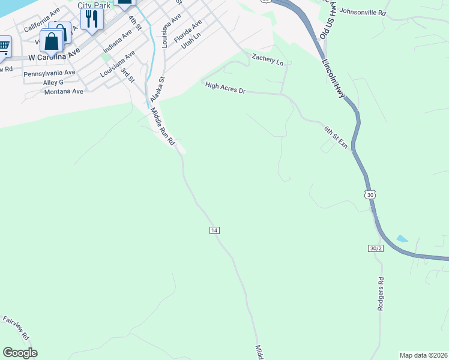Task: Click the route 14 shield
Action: point(214,230)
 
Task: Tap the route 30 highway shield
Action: point(370,194)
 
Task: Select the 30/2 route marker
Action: point(375,248)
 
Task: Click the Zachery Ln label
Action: point(267,59)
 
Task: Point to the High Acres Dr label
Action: point(226,88)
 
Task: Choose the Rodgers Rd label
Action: point(381,294)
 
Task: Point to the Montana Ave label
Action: point(64,92)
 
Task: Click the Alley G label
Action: point(53,82)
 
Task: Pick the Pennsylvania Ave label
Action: point(49,73)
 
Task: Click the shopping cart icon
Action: point(4,46)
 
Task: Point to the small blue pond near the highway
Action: point(402,239)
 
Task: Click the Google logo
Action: point(20,353)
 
